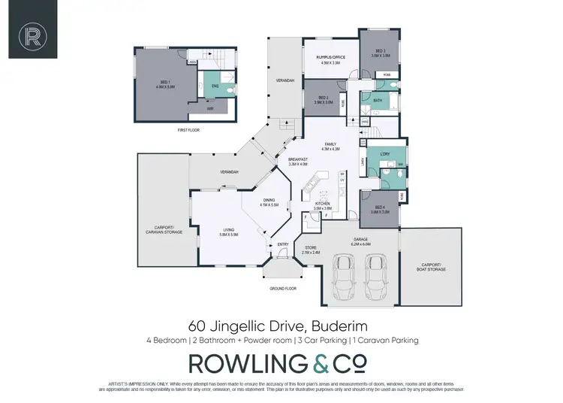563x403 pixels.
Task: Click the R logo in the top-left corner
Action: click(32, 34)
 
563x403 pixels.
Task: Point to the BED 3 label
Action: click(380, 53)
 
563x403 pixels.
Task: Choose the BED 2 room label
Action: click(324, 98)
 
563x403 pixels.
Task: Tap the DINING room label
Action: click(269, 203)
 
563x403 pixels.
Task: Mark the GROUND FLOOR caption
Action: click(283, 289)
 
